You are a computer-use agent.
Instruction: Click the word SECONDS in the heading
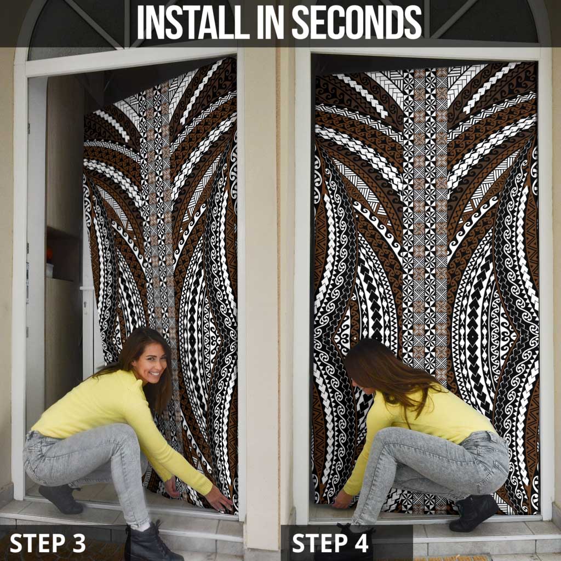click(356, 22)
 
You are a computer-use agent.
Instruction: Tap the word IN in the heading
click(266, 22)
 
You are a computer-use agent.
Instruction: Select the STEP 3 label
click(48, 543)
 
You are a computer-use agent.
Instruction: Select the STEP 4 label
click(331, 543)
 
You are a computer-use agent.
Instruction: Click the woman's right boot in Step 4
click(474, 512)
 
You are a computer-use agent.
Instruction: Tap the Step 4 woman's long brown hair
click(394, 373)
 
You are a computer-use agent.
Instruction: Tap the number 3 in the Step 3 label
click(78, 543)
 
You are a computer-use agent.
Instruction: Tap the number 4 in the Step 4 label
click(362, 543)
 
